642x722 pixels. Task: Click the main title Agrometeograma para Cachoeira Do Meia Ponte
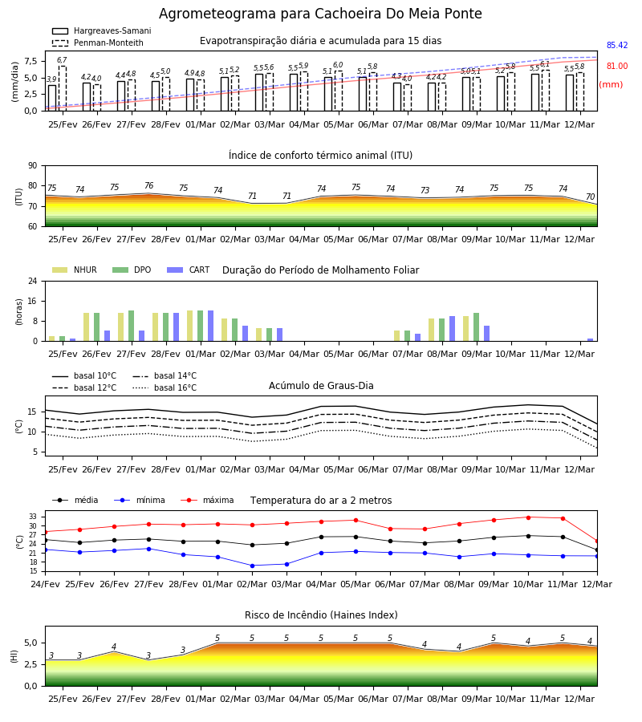tap(320, 14)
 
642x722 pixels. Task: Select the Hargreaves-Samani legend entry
tap(102, 30)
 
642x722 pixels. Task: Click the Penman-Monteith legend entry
tap(98, 43)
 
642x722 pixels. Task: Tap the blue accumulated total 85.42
tap(617, 45)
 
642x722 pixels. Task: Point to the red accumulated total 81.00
tap(617, 66)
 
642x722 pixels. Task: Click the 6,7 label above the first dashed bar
tap(62, 60)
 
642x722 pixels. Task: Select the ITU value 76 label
tap(148, 185)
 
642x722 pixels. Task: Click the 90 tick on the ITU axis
tap(33, 166)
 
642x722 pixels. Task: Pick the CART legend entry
tap(188, 270)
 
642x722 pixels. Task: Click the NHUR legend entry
tap(75, 270)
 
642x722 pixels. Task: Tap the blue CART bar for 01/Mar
tap(211, 326)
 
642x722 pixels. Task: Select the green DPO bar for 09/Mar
tap(476, 327)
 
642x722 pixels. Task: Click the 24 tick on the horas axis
tap(33, 281)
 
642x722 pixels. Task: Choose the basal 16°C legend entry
tap(165, 387)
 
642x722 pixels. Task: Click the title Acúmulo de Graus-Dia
tap(321, 386)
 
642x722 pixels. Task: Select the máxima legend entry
tap(207, 500)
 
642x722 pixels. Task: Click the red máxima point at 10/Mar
tap(528, 517)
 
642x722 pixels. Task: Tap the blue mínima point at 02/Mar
tap(252, 566)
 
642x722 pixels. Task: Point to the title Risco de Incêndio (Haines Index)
tap(321, 615)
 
